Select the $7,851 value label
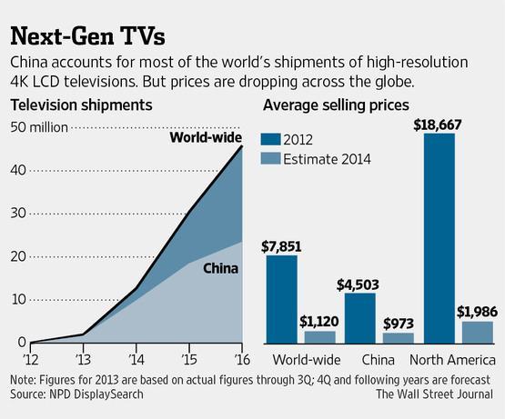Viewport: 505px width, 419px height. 281,245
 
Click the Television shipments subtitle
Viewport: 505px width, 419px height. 75,105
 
